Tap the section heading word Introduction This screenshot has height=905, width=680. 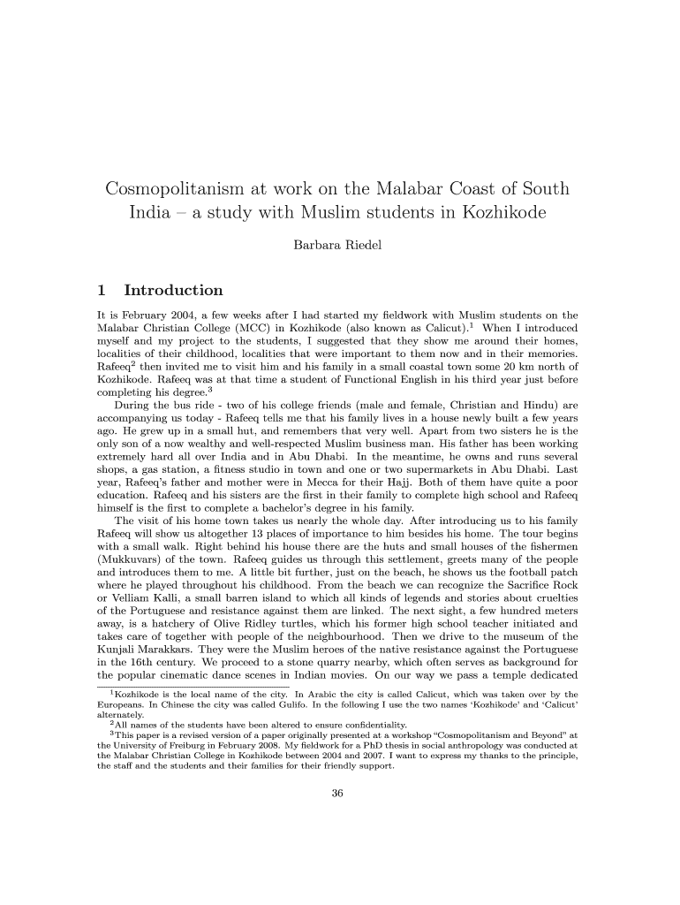click(x=174, y=290)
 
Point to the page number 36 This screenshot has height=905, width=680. click(x=336, y=793)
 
